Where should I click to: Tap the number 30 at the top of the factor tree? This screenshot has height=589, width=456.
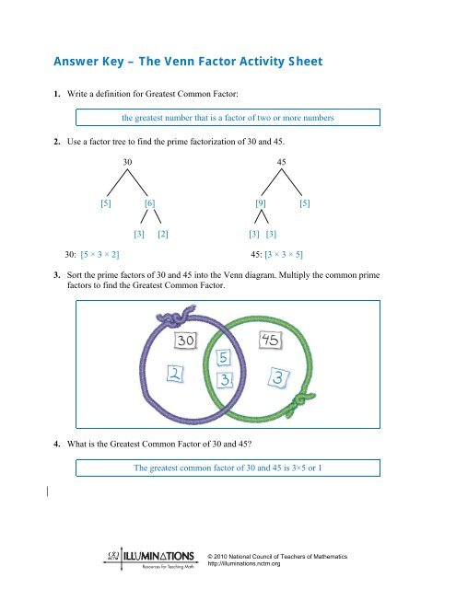[x=129, y=162]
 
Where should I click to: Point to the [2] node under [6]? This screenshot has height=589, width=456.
[x=162, y=235]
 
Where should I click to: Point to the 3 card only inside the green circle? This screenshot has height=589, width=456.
[x=276, y=377]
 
